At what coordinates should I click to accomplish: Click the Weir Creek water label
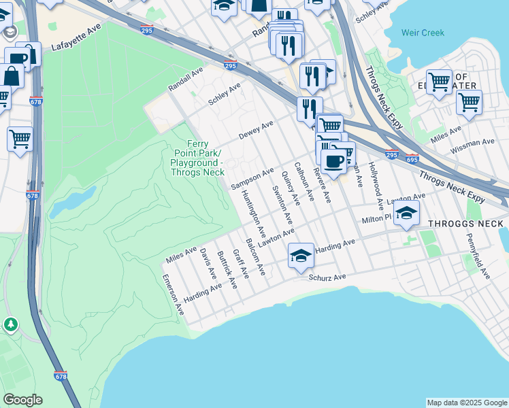423,33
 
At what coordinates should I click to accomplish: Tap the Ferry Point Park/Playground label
197,158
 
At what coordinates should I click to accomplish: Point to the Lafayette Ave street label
76,46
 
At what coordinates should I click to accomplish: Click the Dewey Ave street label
256,131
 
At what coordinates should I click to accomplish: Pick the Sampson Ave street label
252,178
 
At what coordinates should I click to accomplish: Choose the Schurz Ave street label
327,277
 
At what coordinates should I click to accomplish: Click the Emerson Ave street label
174,294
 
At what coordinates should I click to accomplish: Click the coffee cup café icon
333,162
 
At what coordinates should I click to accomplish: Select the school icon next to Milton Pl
406,214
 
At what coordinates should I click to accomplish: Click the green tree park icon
11,324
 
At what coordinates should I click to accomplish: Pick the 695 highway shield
412,158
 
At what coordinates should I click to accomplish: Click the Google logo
22,400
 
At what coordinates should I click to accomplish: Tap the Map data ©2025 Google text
466,403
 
